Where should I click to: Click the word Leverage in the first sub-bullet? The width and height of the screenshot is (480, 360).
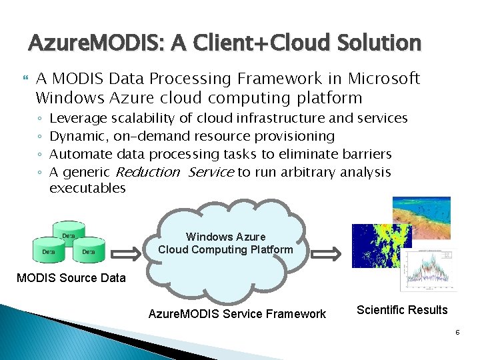pos(78,118)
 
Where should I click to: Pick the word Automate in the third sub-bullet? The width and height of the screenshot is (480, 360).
pos(80,154)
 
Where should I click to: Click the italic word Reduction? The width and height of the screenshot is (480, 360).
pos(147,172)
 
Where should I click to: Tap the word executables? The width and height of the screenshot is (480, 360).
pos(87,188)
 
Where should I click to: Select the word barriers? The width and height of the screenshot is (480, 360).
pos(367,154)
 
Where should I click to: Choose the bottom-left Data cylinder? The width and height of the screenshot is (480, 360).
pos(49,251)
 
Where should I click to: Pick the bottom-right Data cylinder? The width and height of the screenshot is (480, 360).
pos(88,251)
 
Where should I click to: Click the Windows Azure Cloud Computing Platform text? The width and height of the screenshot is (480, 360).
pos(225,243)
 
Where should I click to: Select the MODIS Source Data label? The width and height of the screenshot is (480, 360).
pos(71,278)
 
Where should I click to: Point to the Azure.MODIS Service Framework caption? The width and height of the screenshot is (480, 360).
pos(237,313)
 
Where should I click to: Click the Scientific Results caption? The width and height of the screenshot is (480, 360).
pos(402,310)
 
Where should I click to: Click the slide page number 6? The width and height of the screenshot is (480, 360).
pos(459,330)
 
